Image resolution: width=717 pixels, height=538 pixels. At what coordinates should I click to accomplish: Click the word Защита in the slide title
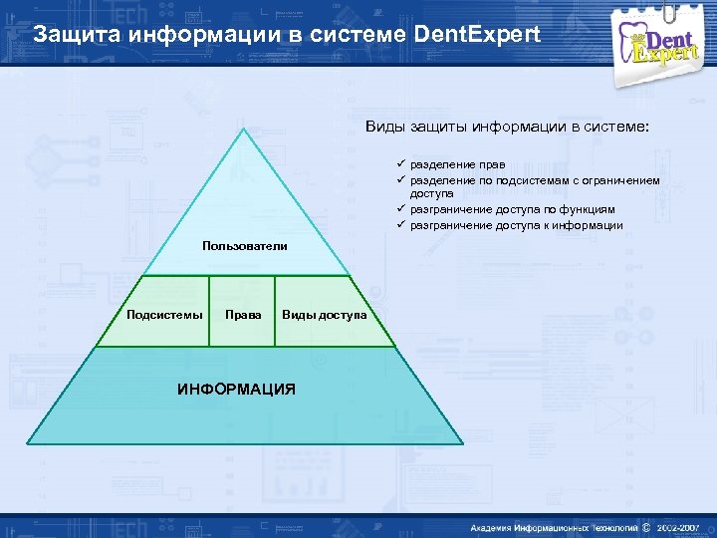72,34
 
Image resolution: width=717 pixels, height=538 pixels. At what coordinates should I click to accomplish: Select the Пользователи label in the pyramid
244,245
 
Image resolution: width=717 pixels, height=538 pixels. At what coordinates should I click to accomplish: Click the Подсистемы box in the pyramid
164,315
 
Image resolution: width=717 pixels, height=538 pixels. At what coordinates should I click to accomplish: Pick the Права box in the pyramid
243,315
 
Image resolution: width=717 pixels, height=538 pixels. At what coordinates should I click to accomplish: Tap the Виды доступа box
324,315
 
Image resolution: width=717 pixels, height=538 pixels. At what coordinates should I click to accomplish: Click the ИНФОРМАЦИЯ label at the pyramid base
236,389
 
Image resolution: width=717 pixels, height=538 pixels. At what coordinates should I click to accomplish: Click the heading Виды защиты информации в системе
507,128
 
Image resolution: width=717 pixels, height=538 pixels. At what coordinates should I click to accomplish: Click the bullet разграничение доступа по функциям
512,210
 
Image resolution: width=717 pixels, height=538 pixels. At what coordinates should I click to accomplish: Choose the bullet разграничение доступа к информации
516,225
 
